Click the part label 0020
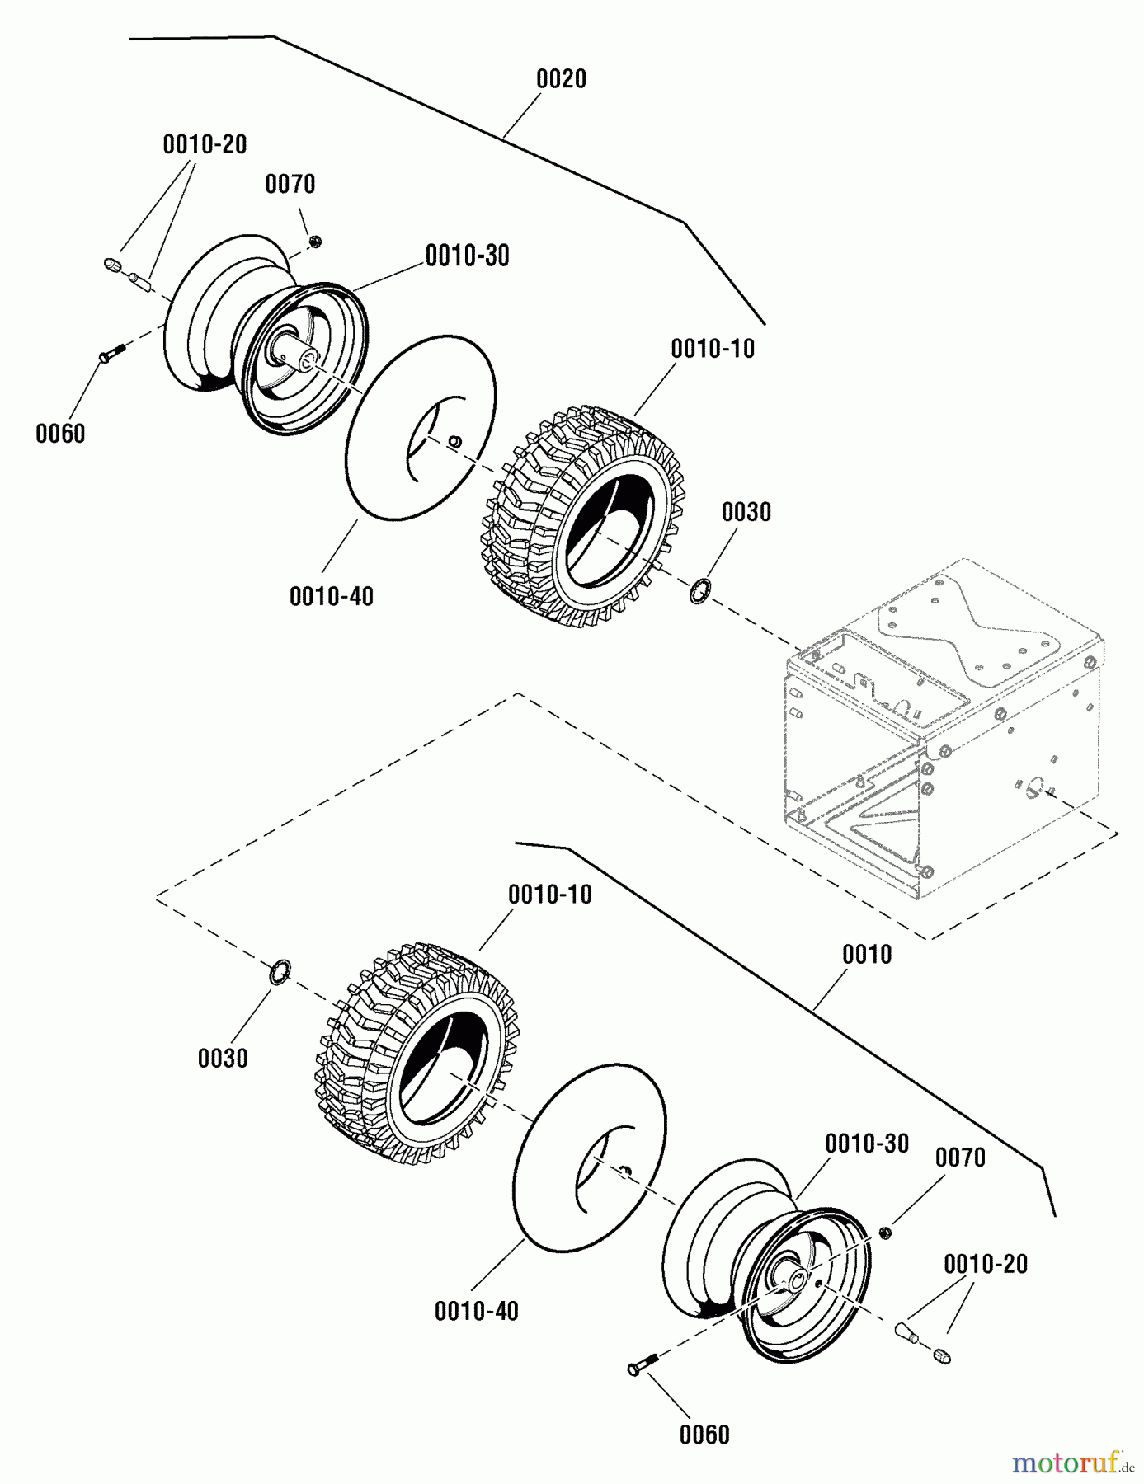pyautogui.click(x=561, y=79)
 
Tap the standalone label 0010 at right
pyautogui.click(x=866, y=955)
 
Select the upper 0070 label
pyautogui.click(x=290, y=184)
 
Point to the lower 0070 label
pyautogui.click(x=960, y=1158)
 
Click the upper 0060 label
pyautogui.click(x=60, y=434)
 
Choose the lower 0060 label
pyautogui.click(x=704, y=1435)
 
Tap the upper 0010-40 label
pyautogui.click(x=332, y=596)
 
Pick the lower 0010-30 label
pyautogui.click(x=867, y=1144)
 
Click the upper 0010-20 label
pyautogui.click(x=205, y=144)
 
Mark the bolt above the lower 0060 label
pyautogui.click(x=643, y=1364)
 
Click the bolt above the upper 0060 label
pyautogui.click(x=111, y=353)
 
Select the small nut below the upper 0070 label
pyautogui.click(x=314, y=241)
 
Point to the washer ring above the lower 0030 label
pyautogui.click(x=280, y=971)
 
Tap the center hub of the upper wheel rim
pyautogui.click(x=309, y=358)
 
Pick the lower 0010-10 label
pyautogui.click(x=549, y=895)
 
